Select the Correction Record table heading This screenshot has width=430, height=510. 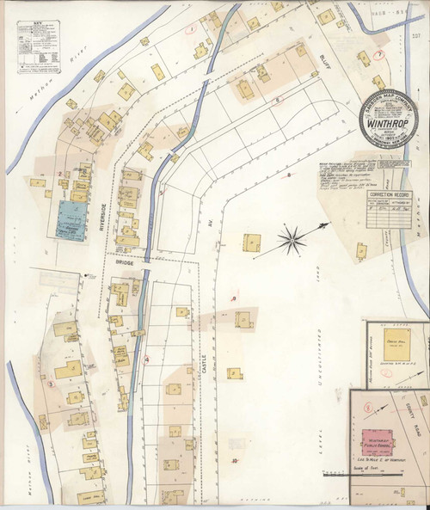(390, 195)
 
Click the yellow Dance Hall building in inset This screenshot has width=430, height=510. (396, 341)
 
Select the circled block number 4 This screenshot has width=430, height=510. (147, 359)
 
